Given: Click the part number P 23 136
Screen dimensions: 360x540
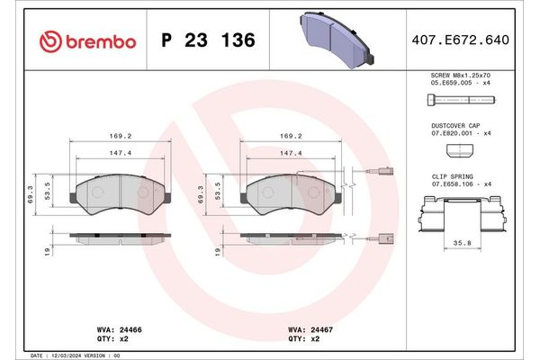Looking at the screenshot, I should point(207,40).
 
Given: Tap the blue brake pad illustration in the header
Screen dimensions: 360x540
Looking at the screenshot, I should point(337,39).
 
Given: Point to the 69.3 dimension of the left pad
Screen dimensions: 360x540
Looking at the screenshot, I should point(44,193).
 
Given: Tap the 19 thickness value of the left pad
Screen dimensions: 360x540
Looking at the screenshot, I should point(44,251).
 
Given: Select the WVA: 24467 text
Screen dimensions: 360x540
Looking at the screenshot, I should point(311,331).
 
